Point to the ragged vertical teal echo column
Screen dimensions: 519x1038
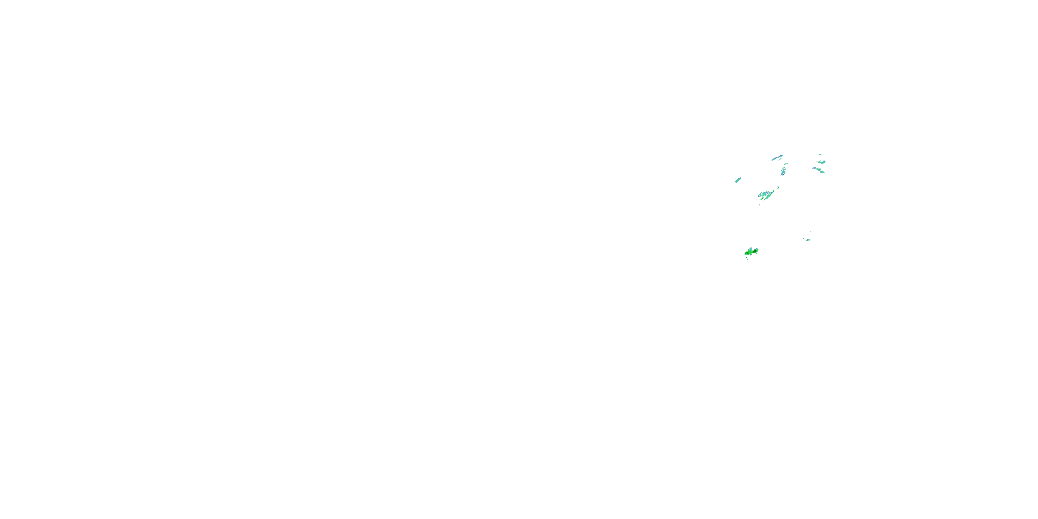point(783,172)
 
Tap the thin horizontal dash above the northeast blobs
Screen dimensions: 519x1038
point(820,155)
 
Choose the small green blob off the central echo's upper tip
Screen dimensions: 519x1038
point(778,188)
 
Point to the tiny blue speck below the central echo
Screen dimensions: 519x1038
point(759,205)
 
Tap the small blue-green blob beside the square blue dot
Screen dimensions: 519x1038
point(808,240)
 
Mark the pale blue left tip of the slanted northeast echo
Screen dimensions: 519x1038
point(813,169)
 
